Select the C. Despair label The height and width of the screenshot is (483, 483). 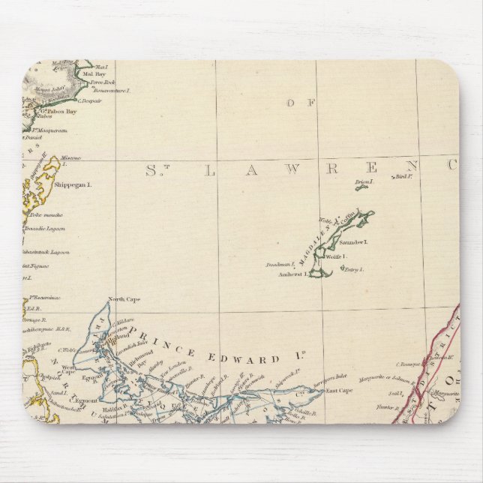point(91,100)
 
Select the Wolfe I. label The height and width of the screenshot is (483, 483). point(334,256)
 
